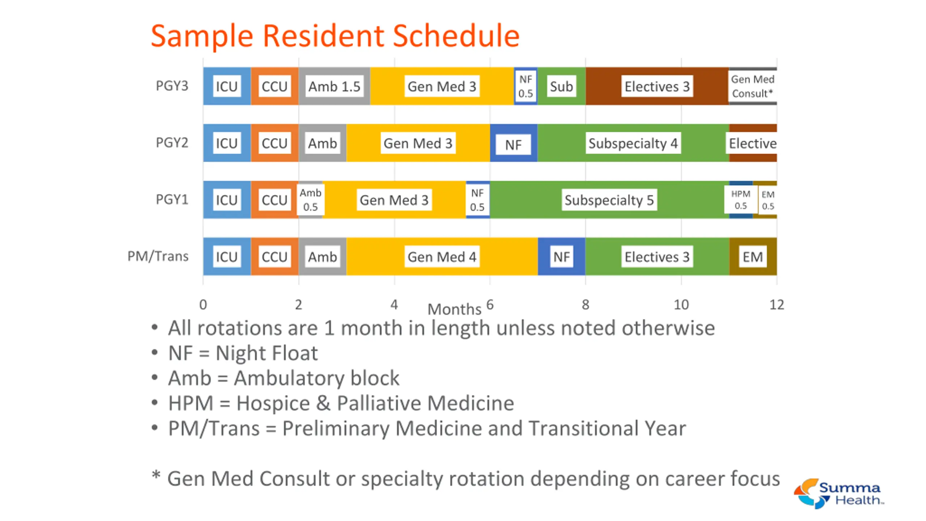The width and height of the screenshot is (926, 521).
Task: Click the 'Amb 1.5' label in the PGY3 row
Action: [x=334, y=86]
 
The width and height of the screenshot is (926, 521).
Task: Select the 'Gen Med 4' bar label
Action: [x=442, y=257]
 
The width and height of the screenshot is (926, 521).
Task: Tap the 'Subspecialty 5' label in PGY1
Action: [x=609, y=200]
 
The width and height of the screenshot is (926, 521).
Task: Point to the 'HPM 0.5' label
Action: [x=740, y=200]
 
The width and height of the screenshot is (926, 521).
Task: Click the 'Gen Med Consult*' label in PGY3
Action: [x=753, y=86]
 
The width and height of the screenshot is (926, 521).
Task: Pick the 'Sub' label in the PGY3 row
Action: [x=561, y=86]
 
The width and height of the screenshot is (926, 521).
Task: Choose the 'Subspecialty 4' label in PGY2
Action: [x=633, y=143]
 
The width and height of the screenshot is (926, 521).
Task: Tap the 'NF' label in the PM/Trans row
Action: [x=561, y=257]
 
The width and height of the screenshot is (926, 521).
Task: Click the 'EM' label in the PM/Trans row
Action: [x=753, y=257]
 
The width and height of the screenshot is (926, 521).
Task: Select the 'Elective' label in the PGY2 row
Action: [x=753, y=143]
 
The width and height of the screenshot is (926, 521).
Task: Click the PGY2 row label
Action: [x=172, y=143]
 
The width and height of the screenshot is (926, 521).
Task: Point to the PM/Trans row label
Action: [x=158, y=256]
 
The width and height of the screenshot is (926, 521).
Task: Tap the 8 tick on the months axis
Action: [x=586, y=305]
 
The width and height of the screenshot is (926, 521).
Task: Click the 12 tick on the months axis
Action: [x=777, y=305]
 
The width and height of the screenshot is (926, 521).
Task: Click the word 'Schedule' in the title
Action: [x=456, y=36]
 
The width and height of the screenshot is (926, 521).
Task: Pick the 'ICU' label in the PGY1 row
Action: [x=227, y=200]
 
